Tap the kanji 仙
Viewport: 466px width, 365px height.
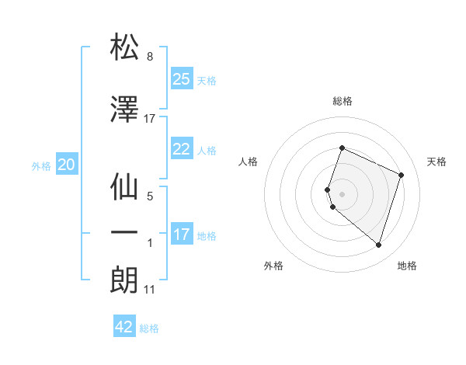click(x=125, y=189)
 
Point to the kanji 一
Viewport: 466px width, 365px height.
click(x=125, y=233)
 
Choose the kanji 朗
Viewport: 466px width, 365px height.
click(x=125, y=280)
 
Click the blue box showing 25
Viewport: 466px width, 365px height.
click(x=182, y=79)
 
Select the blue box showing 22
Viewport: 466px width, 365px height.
click(x=182, y=150)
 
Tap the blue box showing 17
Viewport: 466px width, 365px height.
click(x=182, y=235)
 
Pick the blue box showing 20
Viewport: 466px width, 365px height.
click(x=67, y=165)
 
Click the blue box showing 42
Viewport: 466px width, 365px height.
click(x=124, y=327)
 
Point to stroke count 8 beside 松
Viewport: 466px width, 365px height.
click(x=150, y=57)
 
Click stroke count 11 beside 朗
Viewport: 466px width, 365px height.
click(x=150, y=290)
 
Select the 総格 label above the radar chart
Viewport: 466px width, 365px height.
click(x=343, y=101)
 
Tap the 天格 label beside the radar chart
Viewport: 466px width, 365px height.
click(x=436, y=162)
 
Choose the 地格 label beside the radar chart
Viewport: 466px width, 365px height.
click(x=407, y=266)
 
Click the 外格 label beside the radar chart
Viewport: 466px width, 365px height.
click(x=273, y=266)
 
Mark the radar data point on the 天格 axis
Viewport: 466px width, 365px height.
click(x=402, y=175)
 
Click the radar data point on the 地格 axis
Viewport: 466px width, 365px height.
click(x=378, y=245)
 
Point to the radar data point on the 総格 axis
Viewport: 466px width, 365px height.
click(x=342, y=148)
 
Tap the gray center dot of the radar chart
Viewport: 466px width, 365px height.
click(x=343, y=193)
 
